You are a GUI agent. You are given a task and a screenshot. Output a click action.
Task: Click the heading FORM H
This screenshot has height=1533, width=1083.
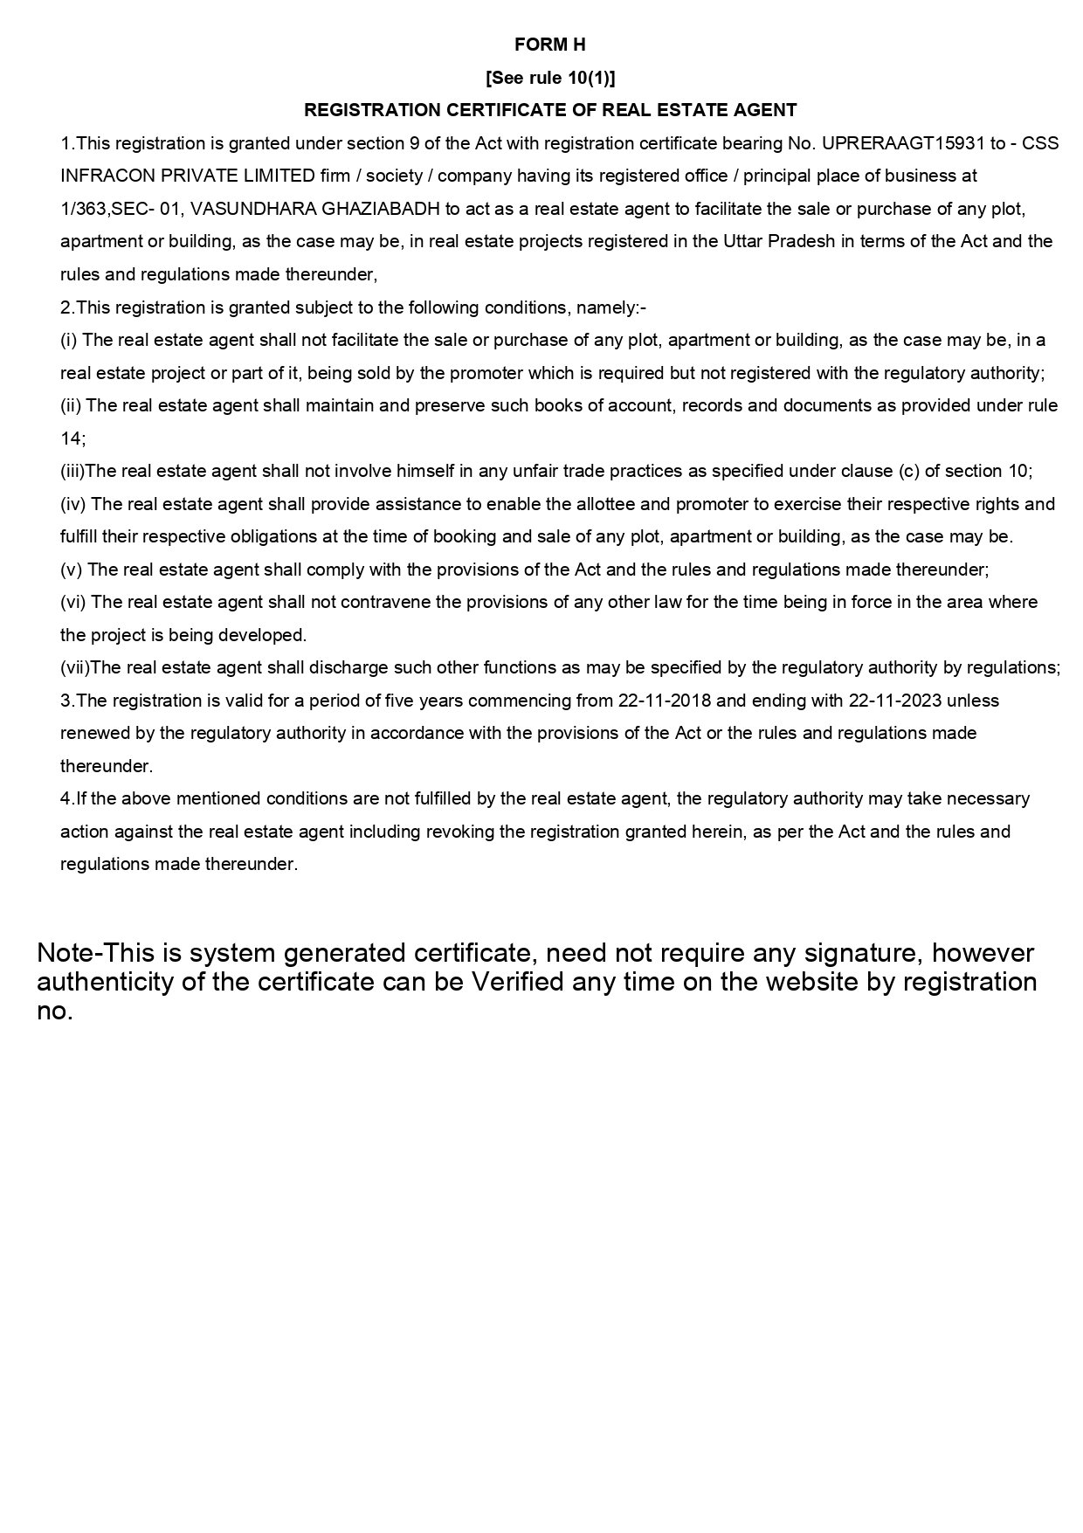click(x=549, y=45)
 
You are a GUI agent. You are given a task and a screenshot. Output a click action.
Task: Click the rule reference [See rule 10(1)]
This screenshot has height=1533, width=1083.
click(x=550, y=78)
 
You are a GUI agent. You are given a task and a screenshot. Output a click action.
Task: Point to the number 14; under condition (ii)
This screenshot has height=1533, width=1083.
click(x=72, y=438)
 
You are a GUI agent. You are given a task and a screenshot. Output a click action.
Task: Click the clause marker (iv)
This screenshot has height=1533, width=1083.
click(x=73, y=504)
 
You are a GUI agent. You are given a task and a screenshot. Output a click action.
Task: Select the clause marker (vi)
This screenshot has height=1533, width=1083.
click(x=73, y=602)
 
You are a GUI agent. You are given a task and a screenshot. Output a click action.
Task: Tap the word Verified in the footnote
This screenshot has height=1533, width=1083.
click(x=518, y=982)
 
